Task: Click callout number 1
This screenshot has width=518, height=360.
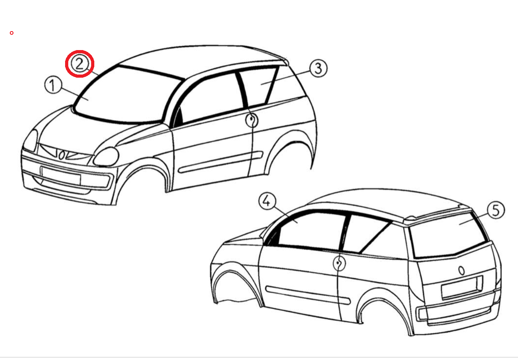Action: tap(53, 85)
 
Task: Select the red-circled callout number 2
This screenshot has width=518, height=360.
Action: tap(80, 64)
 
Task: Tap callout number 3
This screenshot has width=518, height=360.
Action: tap(318, 68)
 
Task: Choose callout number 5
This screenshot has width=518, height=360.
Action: tap(496, 211)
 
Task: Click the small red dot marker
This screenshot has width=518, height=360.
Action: tap(11, 33)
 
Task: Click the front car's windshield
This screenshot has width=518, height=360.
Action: tap(125, 95)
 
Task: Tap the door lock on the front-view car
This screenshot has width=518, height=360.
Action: tap(252, 120)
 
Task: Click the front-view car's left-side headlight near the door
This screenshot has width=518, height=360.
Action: tap(107, 157)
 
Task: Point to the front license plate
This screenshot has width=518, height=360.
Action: tap(61, 175)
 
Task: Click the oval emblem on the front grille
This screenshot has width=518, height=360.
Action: tap(61, 155)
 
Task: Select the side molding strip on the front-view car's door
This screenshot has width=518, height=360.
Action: tap(221, 162)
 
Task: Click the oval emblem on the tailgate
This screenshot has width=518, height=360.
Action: tap(461, 270)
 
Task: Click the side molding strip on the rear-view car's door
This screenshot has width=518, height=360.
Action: tap(308, 295)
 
